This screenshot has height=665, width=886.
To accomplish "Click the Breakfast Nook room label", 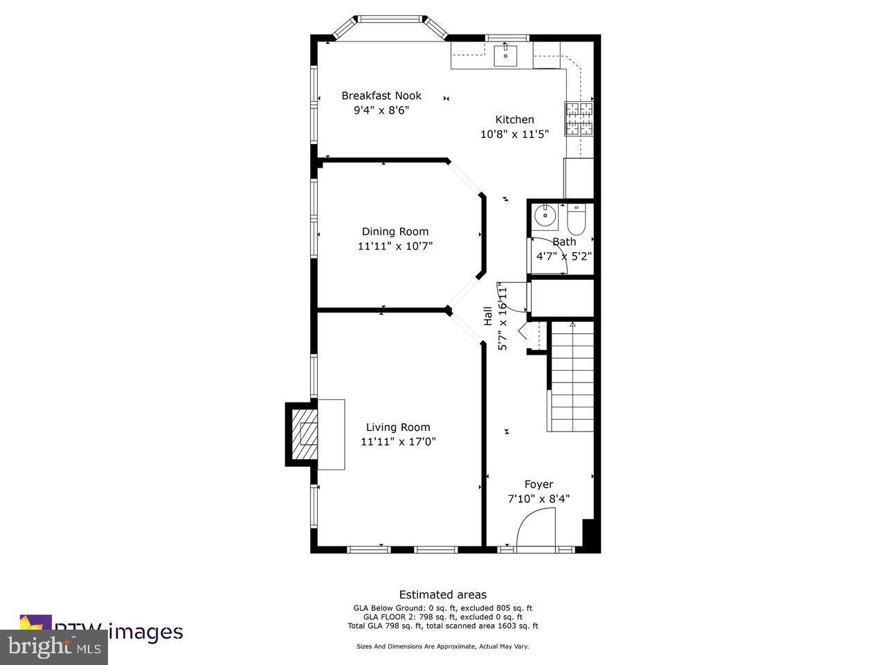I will pos(381,96).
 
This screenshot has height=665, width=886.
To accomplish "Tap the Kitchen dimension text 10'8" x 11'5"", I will pos(514,134).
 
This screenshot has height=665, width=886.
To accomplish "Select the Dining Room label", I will pos(395,231).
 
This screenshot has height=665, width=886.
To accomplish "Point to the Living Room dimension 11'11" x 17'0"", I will pos(398,441).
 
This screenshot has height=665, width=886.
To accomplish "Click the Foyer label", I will pos(539,484).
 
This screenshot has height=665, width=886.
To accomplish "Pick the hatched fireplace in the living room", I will pos(303,434).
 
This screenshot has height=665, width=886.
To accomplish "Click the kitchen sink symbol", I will pos(506,55).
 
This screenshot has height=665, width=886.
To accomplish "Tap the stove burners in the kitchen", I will pos(579,118).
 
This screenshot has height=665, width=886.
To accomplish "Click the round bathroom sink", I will pos(545,215).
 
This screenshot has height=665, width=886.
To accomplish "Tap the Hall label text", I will pos(487,316).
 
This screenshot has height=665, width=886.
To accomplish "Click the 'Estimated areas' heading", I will pos(442,594).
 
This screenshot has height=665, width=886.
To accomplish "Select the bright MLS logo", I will pos(53,647).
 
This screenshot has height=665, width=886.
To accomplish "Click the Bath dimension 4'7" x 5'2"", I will pos(564,256).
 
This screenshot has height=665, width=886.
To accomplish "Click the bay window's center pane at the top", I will pos(388,19).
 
